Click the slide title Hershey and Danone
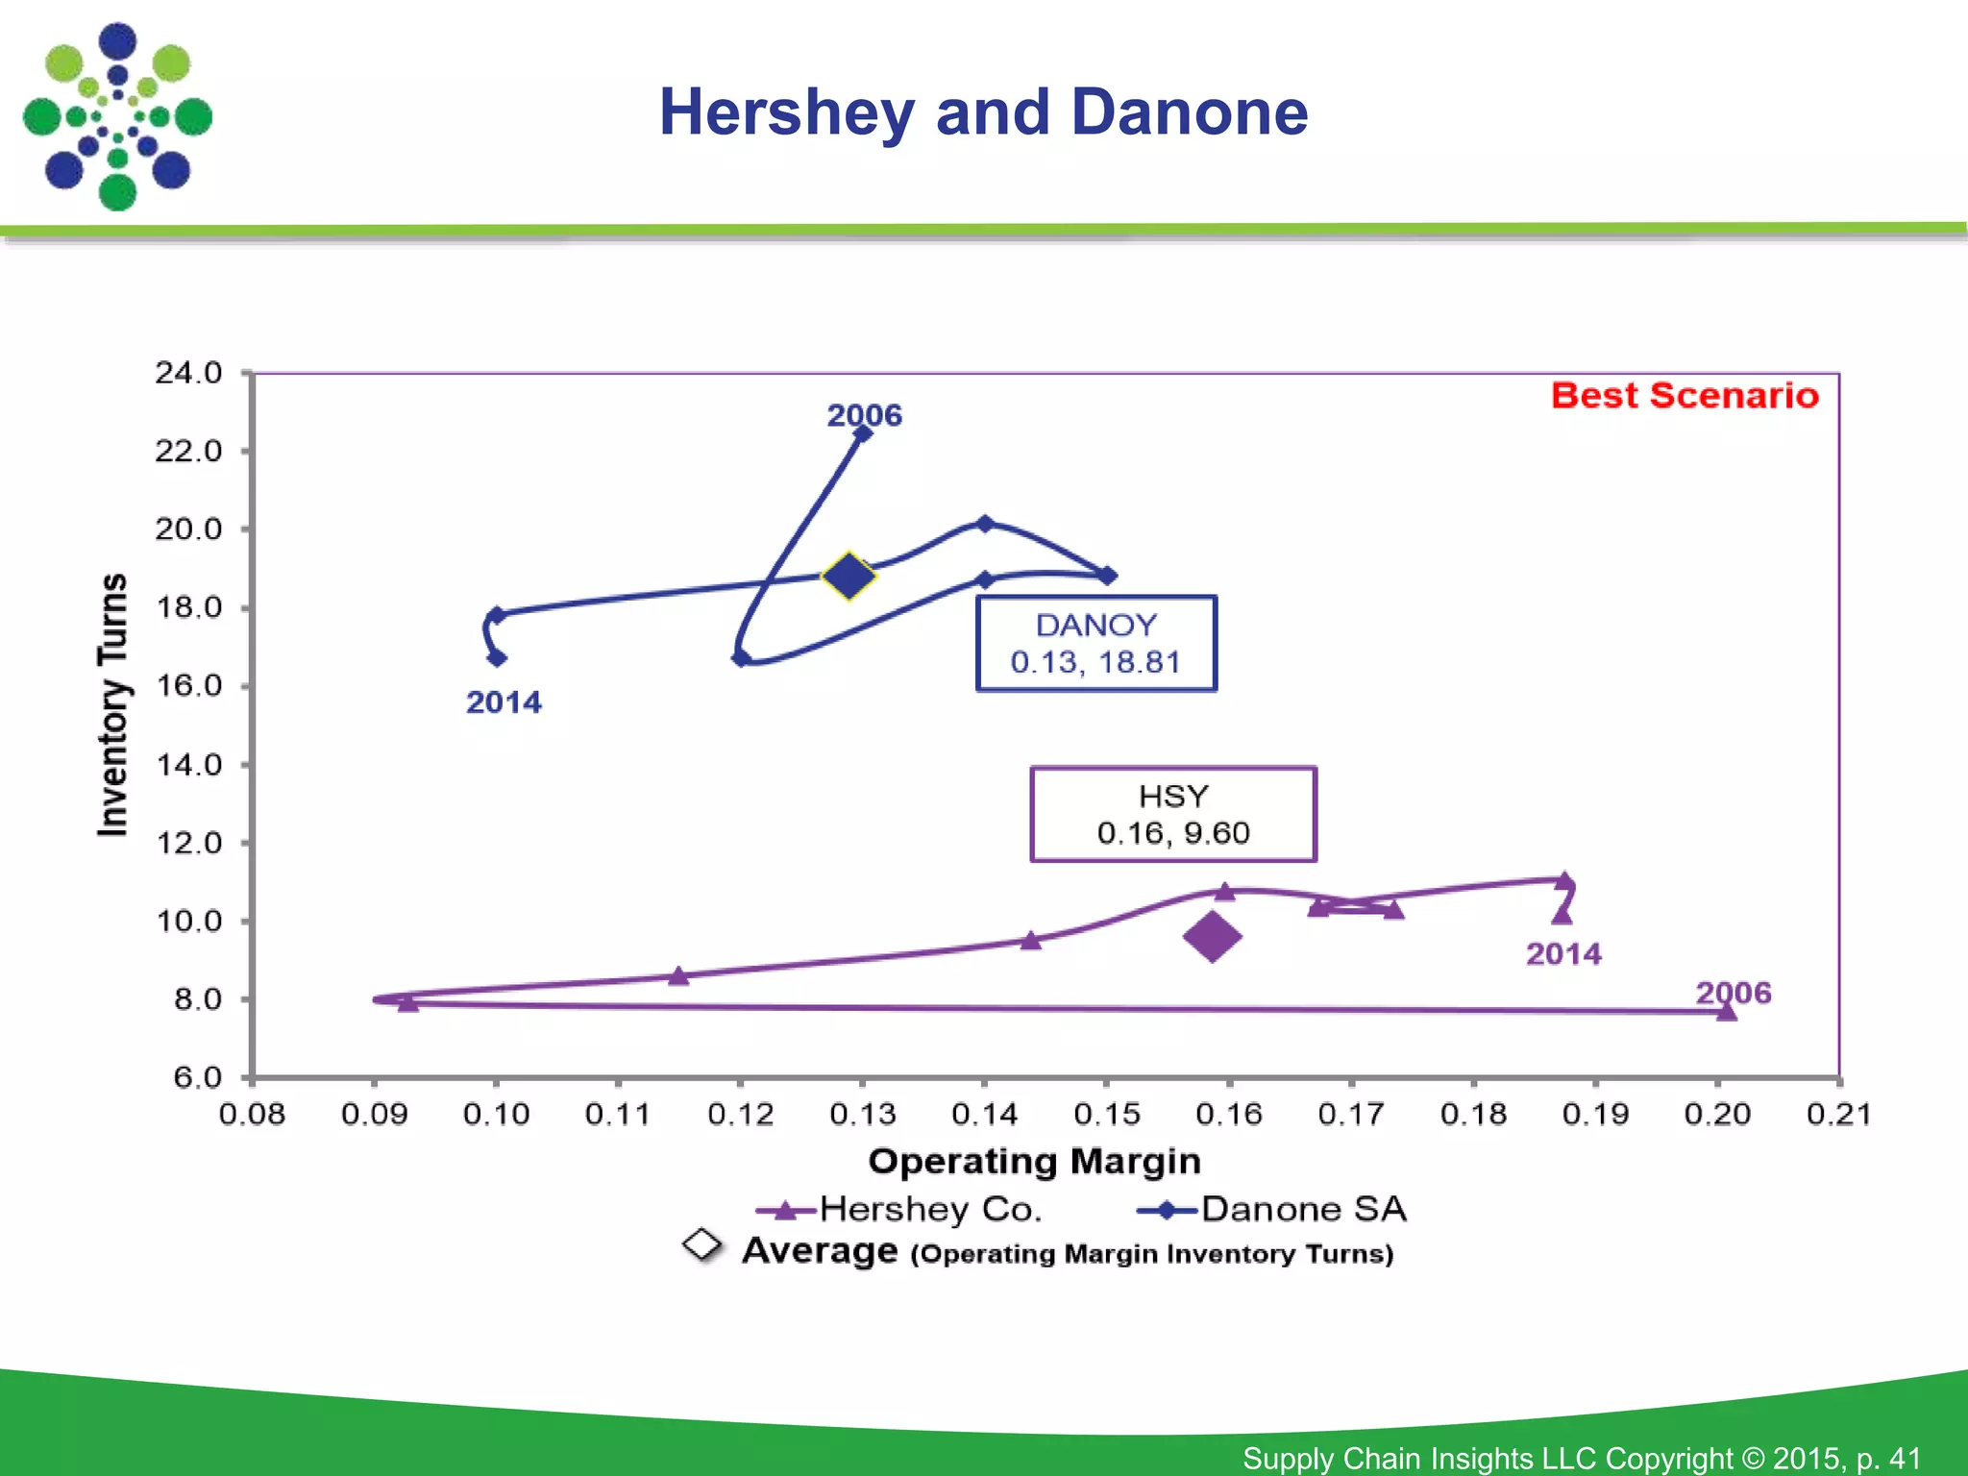coord(983,112)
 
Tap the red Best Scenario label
coord(1685,396)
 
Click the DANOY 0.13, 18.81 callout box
coord(1095,643)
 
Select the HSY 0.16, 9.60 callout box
coord(1172,814)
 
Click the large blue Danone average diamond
coord(849,577)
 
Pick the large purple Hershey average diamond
coord(1212,936)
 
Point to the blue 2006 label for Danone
coord(864,415)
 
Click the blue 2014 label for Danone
coord(504,702)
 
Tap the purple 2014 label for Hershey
coord(1563,954)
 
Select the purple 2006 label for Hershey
coord(1733,993)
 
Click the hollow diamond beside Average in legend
coord(702,1244)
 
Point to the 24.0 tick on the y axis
coord(188,373)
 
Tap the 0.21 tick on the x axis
coord(1838,1115)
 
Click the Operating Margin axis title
coord(1034,1162)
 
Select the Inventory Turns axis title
coord(113,704)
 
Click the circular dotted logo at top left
coord(117,116)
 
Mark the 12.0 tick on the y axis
coord(188,843)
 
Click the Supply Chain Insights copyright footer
coord(1581,1458)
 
